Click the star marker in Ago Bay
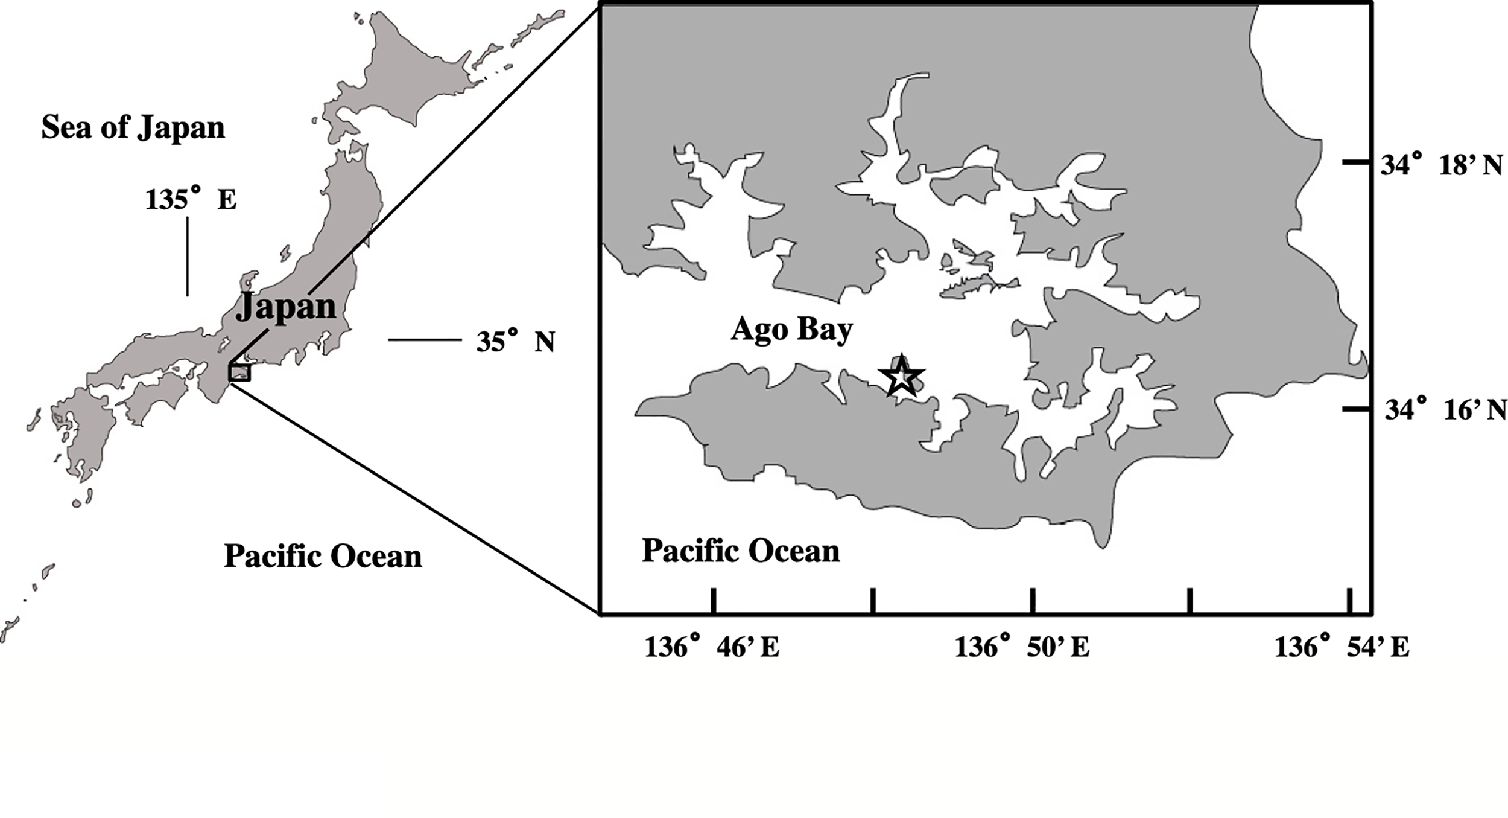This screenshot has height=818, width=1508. click(900, 377)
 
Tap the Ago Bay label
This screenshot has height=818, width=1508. click(791, 330)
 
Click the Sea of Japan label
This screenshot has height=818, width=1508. click(133, 128)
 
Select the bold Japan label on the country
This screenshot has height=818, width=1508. click(285, 307)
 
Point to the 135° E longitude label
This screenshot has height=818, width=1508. click(191, 199)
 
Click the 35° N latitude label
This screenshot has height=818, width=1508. click(515, 342)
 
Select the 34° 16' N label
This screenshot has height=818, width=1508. click(1443, 411)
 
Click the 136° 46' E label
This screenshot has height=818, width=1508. click(712, 648)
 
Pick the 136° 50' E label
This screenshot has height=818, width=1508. click(1021, 648)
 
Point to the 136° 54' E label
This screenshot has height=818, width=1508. click(1342, 648)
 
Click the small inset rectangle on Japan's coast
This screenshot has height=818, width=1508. click(239, 372)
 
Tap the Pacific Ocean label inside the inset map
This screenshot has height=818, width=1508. click(740, 551)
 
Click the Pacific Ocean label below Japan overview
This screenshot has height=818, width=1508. click(323, 556)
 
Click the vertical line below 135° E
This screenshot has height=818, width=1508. click(188, 256)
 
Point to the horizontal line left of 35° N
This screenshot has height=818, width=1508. click(425, 340)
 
